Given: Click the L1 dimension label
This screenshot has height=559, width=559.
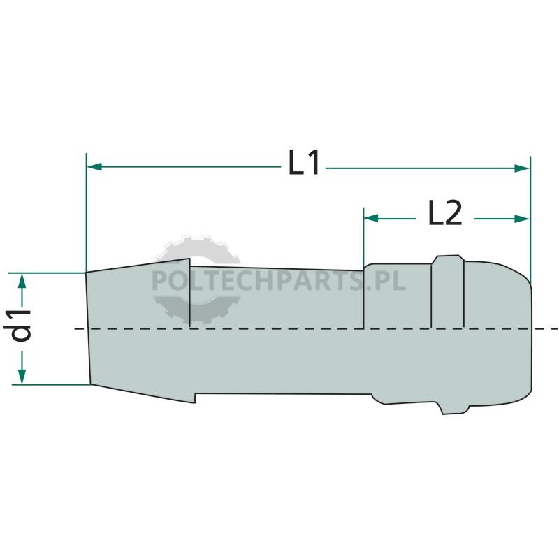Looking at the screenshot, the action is (x=303, y=162).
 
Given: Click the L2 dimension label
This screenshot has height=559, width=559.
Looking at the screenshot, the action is (x=444, y=212).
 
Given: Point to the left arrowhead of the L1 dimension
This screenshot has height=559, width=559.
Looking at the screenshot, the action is (x=94, y=166).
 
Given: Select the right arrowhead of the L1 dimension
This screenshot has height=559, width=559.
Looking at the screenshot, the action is (x=522, y=168).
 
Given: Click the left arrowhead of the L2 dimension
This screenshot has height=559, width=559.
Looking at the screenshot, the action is (x=371, y=218).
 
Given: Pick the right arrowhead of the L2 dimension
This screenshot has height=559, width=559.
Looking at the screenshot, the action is (x=522, y=219).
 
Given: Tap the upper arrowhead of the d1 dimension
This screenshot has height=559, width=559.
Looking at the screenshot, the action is (x=22, y=281).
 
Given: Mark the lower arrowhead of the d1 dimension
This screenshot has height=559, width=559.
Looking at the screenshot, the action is (x=22, y=377).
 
